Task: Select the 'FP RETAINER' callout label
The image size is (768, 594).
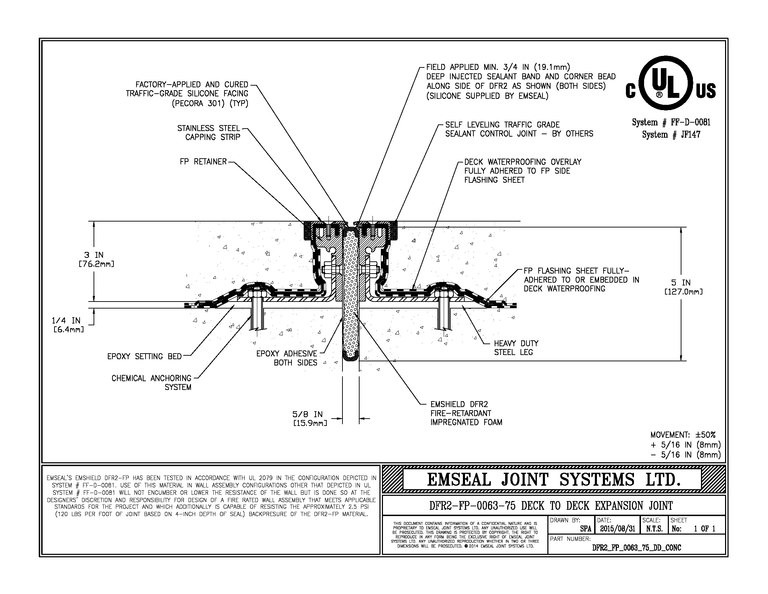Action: (x=203, y=162)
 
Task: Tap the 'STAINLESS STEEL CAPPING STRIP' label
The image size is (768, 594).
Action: (x=209, y=133)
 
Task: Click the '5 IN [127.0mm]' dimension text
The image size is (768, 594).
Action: (x=683, y=287)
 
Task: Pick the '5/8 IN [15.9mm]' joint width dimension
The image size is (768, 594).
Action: (x=310, y=418)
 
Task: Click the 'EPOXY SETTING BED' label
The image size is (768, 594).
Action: (x=144, y=356)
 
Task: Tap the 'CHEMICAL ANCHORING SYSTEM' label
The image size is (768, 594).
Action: (x=152, y=383)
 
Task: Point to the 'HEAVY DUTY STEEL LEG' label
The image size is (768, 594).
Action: (x=516, y=348)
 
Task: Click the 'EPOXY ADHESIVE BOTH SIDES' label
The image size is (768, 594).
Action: (x=287, y=358)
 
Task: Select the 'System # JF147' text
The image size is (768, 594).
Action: (x=671, y=135)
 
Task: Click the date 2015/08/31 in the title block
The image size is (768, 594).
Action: (x=618, y=529)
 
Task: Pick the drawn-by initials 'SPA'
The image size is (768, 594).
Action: (x=585, y=529)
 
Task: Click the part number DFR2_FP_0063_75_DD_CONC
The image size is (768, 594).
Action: (x=636, y=548)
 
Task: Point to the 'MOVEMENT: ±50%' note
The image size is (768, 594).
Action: (x=682, y=435)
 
